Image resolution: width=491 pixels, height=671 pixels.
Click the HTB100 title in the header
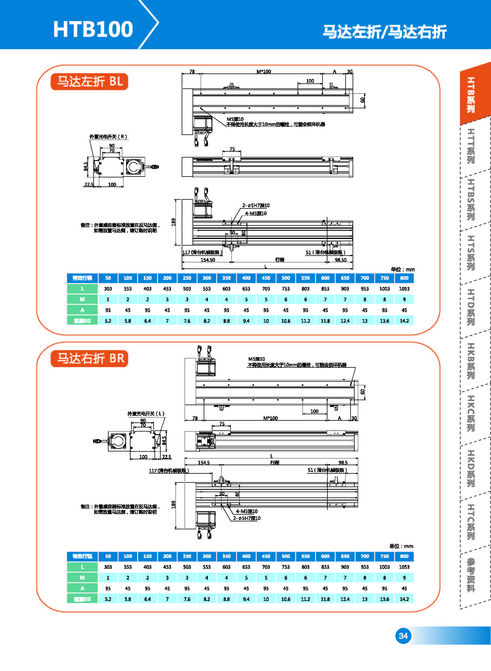point(93,29)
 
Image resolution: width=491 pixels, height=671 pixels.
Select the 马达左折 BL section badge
point(90,81)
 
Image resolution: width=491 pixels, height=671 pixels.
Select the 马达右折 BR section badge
point(90,358)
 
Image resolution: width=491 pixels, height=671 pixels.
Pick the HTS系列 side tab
point(471,253)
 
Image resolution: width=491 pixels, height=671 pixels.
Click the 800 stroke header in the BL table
point(404,278)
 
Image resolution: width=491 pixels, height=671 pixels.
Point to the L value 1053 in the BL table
point(404,289)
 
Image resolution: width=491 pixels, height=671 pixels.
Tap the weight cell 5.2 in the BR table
point(108,599)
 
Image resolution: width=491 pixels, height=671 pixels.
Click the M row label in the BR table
point(82,578)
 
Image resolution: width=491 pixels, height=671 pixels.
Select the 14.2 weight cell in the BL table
point(404,321)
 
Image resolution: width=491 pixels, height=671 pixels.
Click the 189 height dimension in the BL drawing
point(174,222)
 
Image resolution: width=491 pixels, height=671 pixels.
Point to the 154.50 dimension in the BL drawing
point(208,260)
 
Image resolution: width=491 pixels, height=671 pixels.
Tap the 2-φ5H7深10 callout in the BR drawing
point(247,518)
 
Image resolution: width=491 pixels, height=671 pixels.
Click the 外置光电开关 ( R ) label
point(108,137)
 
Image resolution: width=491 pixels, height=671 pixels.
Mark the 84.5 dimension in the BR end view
point(164,440)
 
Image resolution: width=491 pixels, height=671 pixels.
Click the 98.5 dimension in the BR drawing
point(343,463)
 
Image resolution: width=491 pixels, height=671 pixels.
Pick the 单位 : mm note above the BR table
point(401,546)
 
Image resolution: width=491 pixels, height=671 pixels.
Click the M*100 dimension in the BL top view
point(264,72)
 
